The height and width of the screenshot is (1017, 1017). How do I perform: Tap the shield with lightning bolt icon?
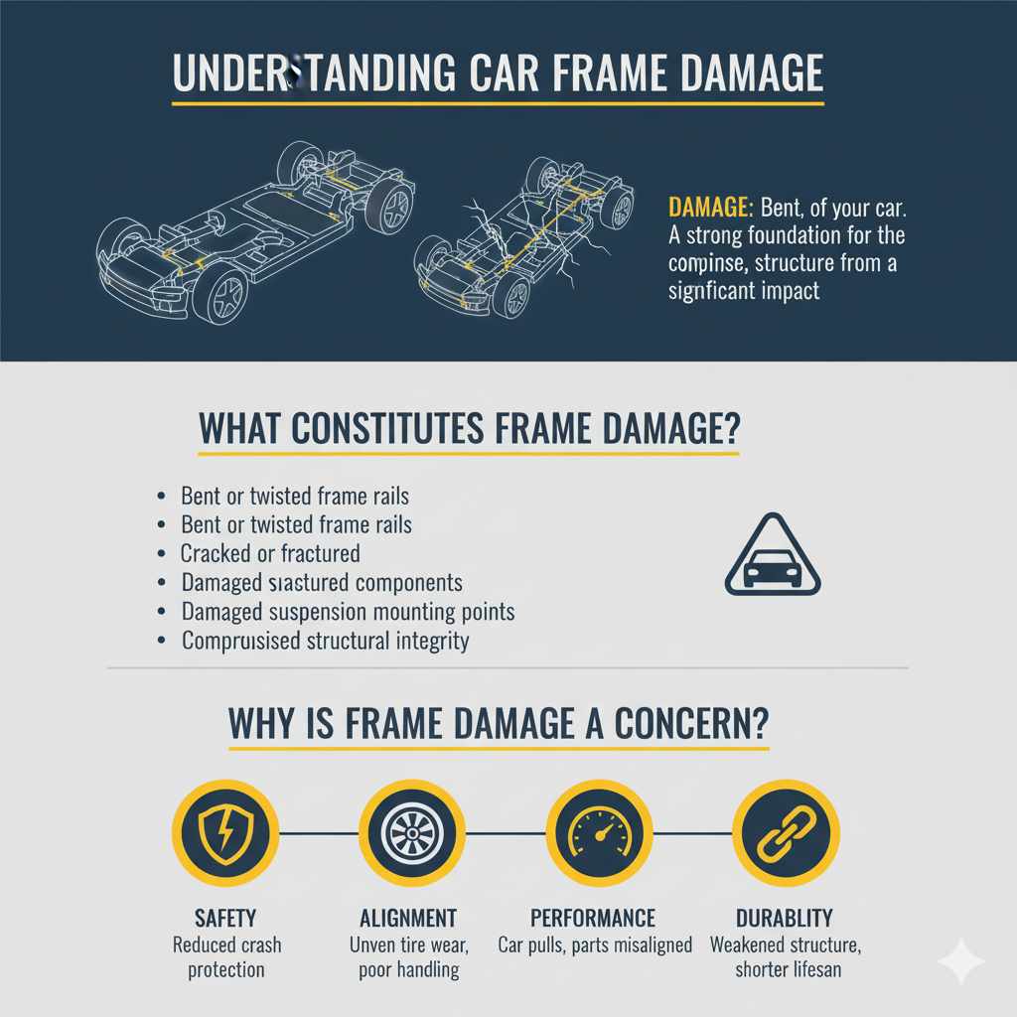[225, 831]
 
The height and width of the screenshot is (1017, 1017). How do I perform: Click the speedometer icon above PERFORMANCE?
[599, 831]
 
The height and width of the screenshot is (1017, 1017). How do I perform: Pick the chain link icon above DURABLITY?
[786, 831]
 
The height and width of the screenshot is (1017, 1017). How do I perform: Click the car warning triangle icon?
[773, 556]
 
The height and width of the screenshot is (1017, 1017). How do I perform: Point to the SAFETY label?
[225, 918]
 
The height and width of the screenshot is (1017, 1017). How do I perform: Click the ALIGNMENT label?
[407, 918]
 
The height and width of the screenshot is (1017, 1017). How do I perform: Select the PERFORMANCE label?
[593, 918]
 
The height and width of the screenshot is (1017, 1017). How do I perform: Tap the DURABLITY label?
[785, 918]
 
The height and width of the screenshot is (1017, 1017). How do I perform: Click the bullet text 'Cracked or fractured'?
[270, 553]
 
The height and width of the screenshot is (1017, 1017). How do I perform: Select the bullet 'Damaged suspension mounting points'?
[348, 612]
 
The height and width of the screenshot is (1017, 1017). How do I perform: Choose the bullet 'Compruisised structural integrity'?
[325, 641]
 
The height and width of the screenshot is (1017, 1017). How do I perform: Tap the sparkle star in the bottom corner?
[961, 961]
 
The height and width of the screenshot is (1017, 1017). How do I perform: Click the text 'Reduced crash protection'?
[225, 956]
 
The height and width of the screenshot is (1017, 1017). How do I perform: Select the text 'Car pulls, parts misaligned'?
[595, 944]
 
